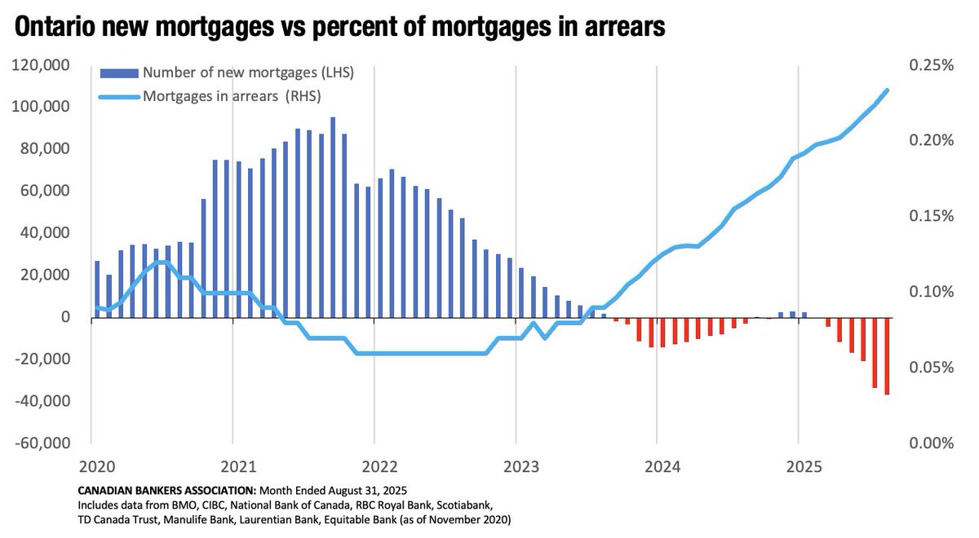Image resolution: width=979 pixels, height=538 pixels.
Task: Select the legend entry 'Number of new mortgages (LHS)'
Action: tap(247, 73)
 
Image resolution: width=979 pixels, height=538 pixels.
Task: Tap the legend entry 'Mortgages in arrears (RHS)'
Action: tap(232, 96)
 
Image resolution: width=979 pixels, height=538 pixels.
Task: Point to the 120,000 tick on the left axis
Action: tap(47, 65)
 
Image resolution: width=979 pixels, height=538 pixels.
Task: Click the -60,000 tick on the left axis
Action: tap(47, 443)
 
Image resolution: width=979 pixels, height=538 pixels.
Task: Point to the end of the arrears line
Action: tap(887, 90)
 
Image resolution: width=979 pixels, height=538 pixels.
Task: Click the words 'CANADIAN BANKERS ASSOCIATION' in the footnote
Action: tap(166, 491)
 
